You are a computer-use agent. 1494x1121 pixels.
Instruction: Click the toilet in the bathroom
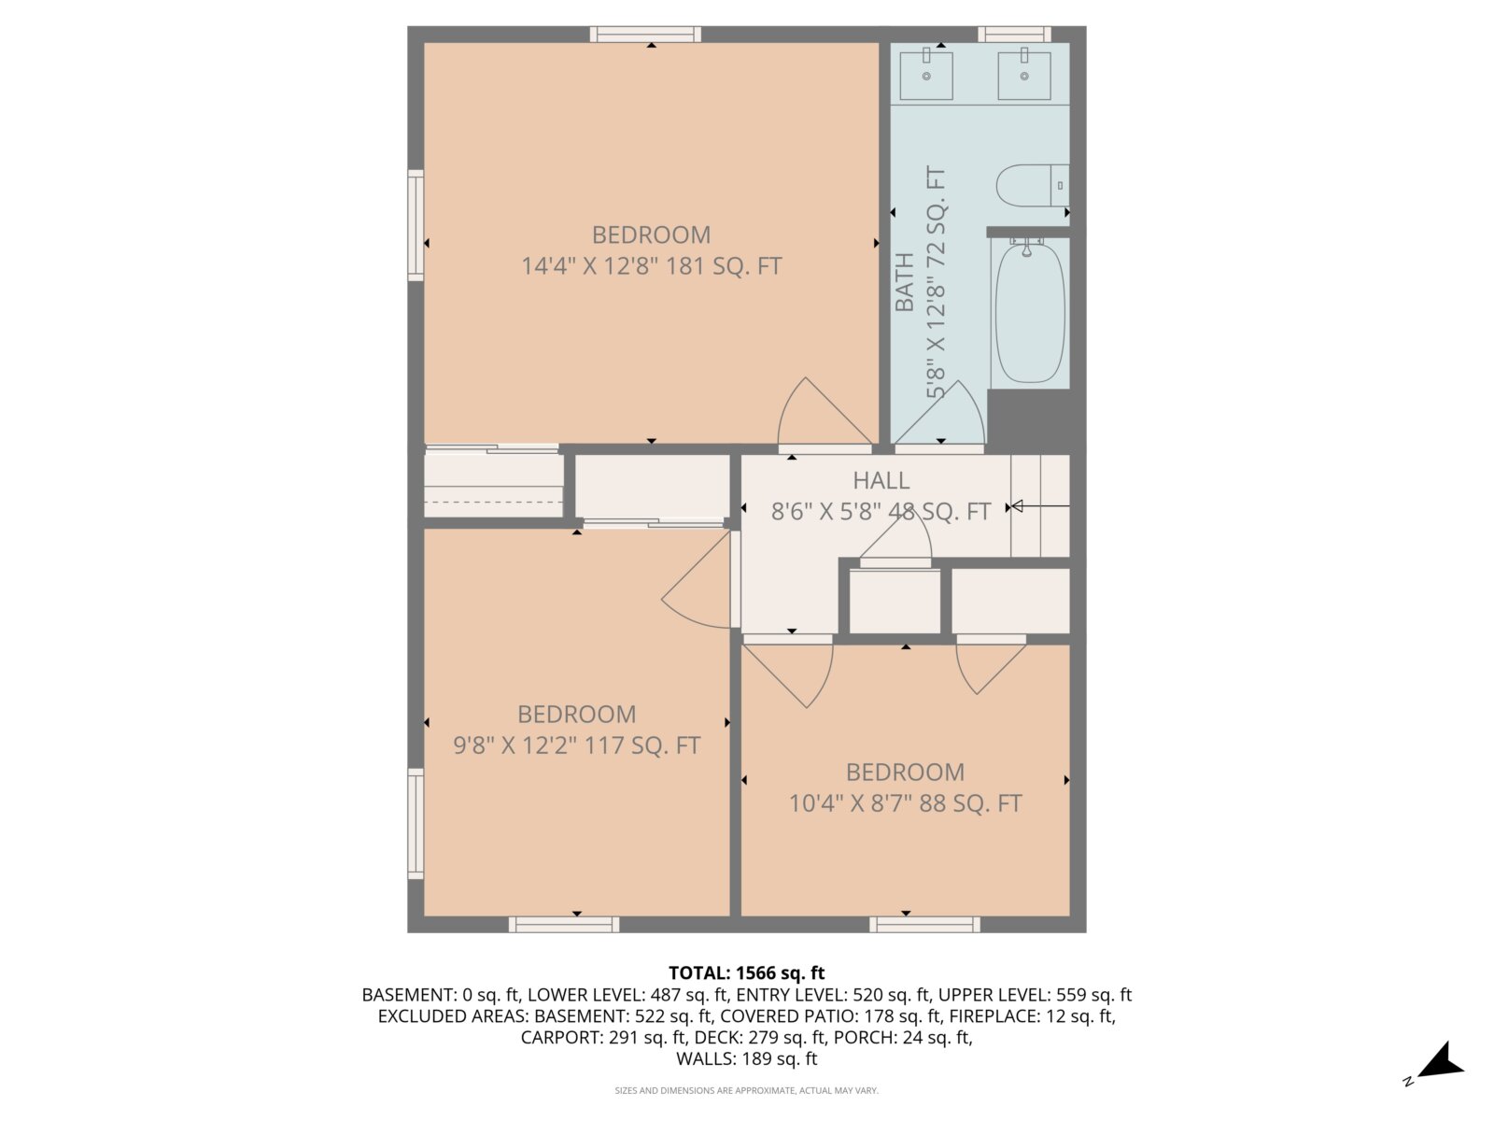point(1032,185)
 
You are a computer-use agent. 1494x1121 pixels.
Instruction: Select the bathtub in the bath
point(1029,312)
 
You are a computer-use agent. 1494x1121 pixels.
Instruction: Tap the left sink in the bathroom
point(925,76)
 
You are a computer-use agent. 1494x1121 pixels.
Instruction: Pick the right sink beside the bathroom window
point(1023,76)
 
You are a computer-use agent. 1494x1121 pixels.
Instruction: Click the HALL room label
point(881,480)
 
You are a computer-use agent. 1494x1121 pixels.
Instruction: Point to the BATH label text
point(904,282)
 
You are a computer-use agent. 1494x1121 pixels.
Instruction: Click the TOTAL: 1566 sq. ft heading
point(747,972)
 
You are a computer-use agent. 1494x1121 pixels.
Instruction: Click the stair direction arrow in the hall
point(1039,505)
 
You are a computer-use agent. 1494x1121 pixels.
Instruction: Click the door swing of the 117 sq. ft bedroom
point(697,579)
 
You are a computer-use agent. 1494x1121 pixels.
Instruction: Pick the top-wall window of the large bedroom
point(645,34)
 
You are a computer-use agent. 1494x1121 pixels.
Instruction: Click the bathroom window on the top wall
point(1014,34)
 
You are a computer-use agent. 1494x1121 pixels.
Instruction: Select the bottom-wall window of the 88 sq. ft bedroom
point(924,924)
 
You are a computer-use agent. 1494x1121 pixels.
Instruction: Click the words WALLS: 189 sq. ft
point(747,1058)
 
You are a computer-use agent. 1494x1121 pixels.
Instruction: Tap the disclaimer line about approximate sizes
point(747,1090)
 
